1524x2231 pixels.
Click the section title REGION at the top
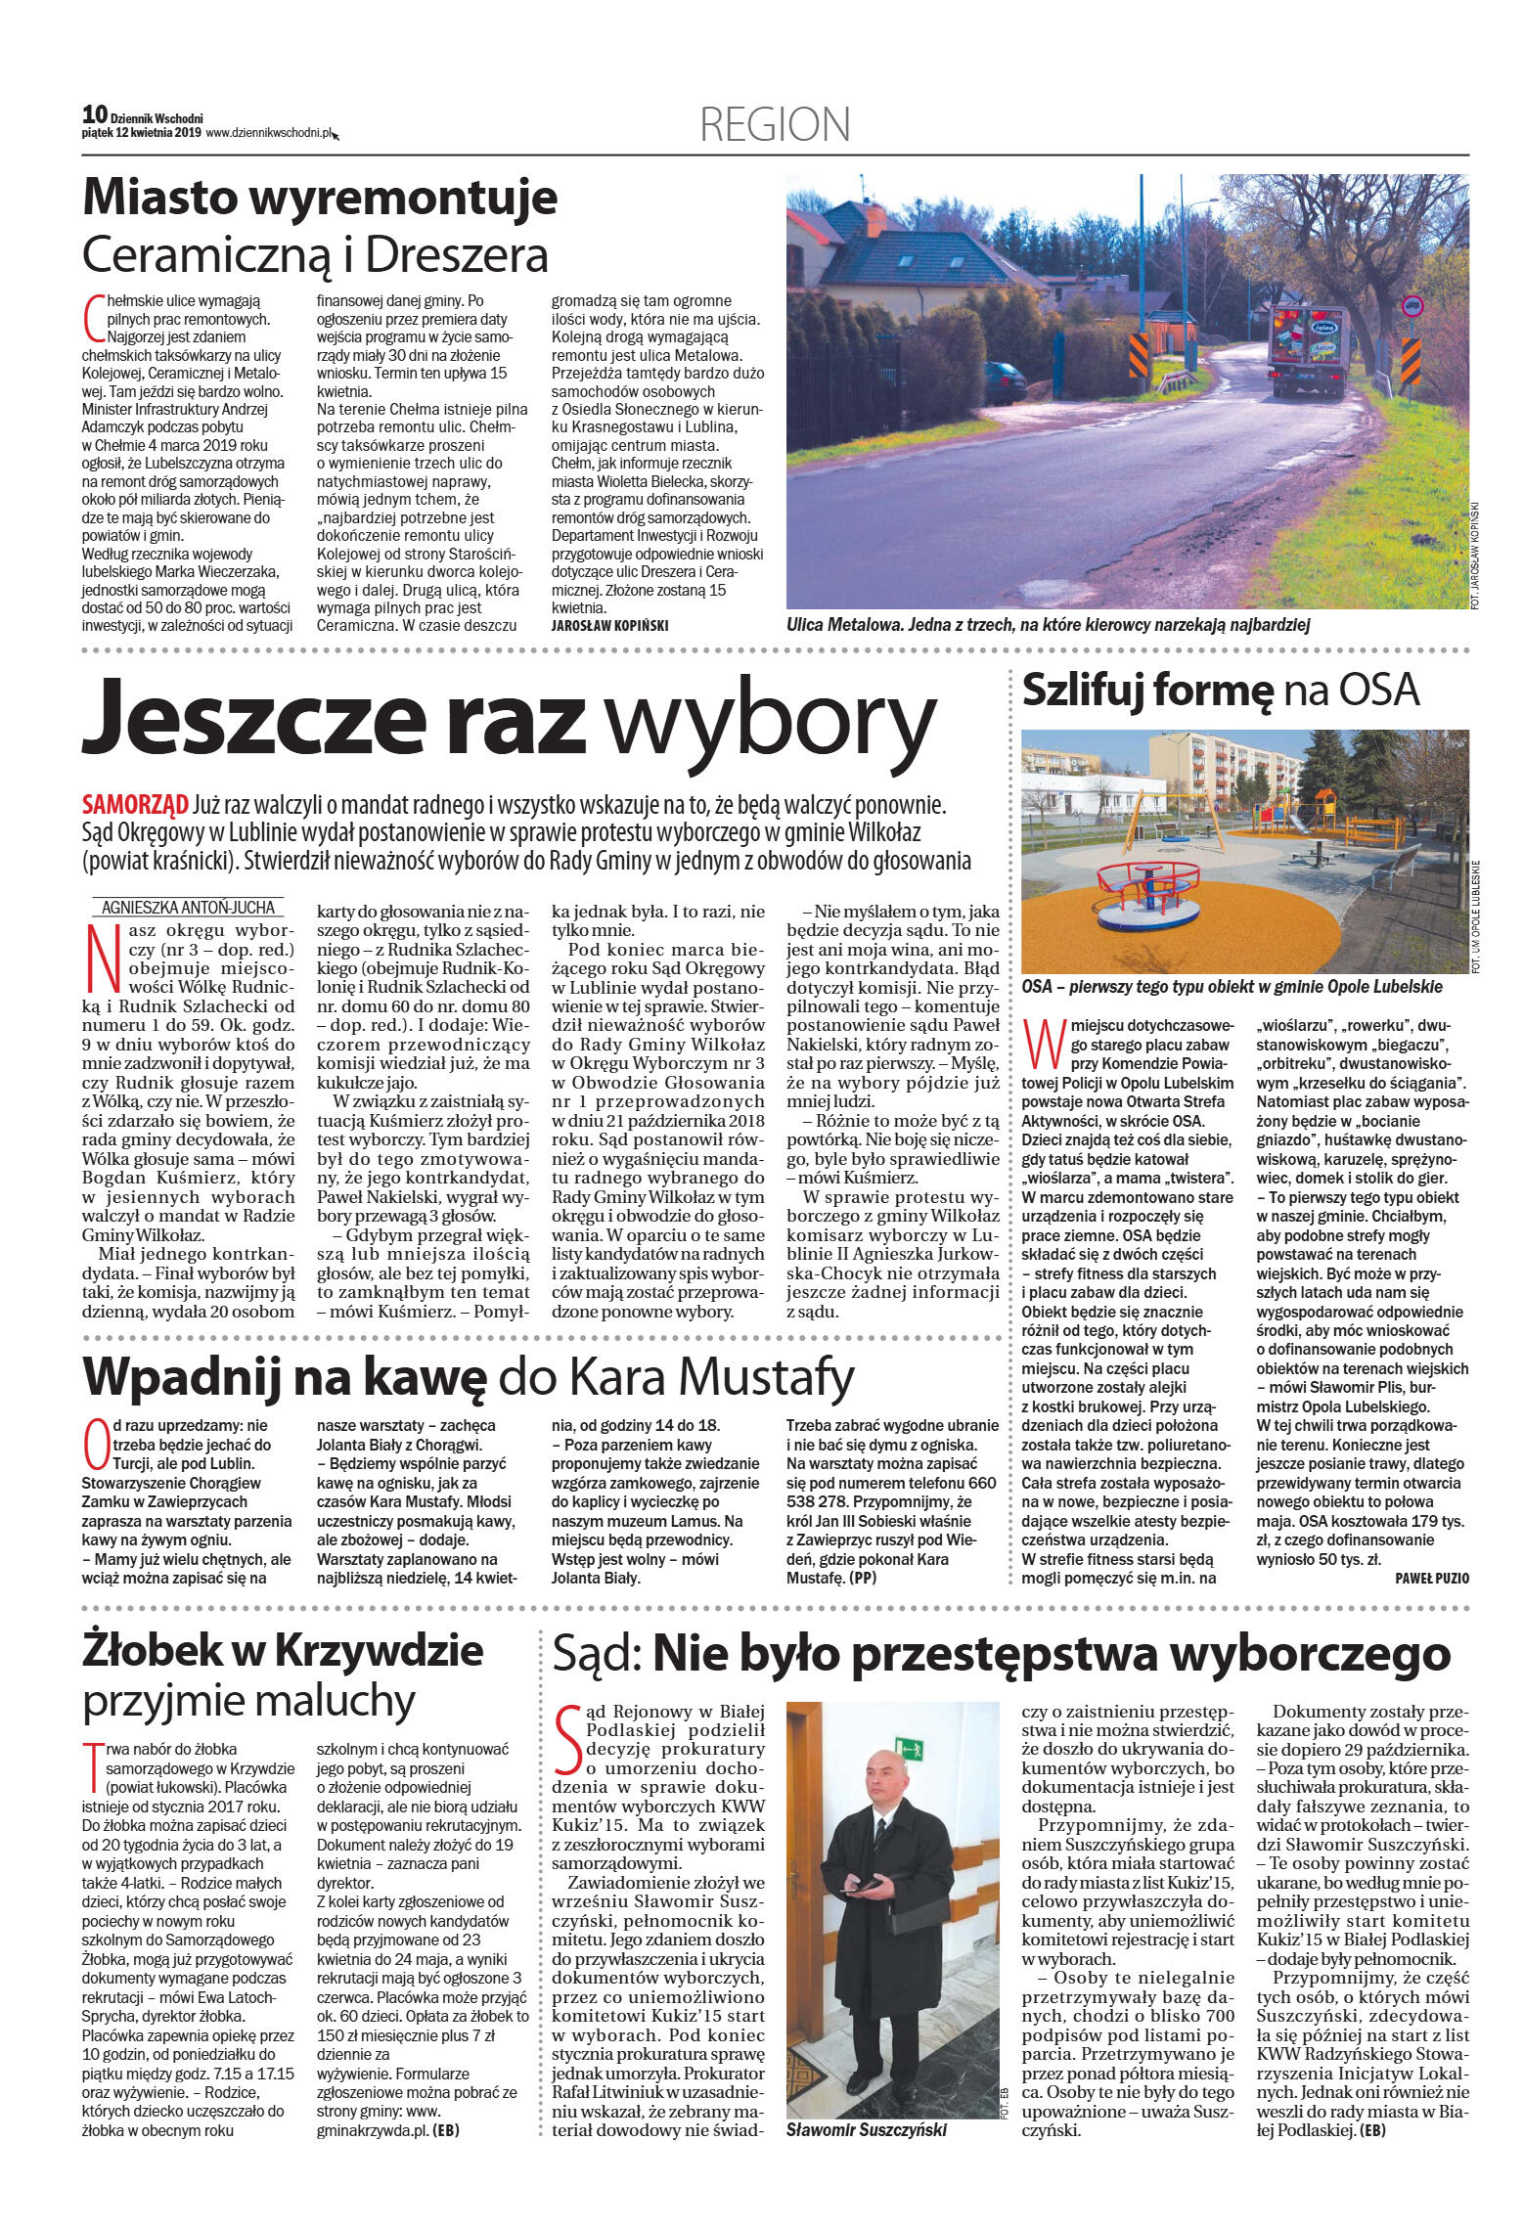[775, 125]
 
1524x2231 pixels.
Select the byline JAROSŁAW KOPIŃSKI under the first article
[609, 624]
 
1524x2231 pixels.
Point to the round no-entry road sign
[1411, 306]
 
